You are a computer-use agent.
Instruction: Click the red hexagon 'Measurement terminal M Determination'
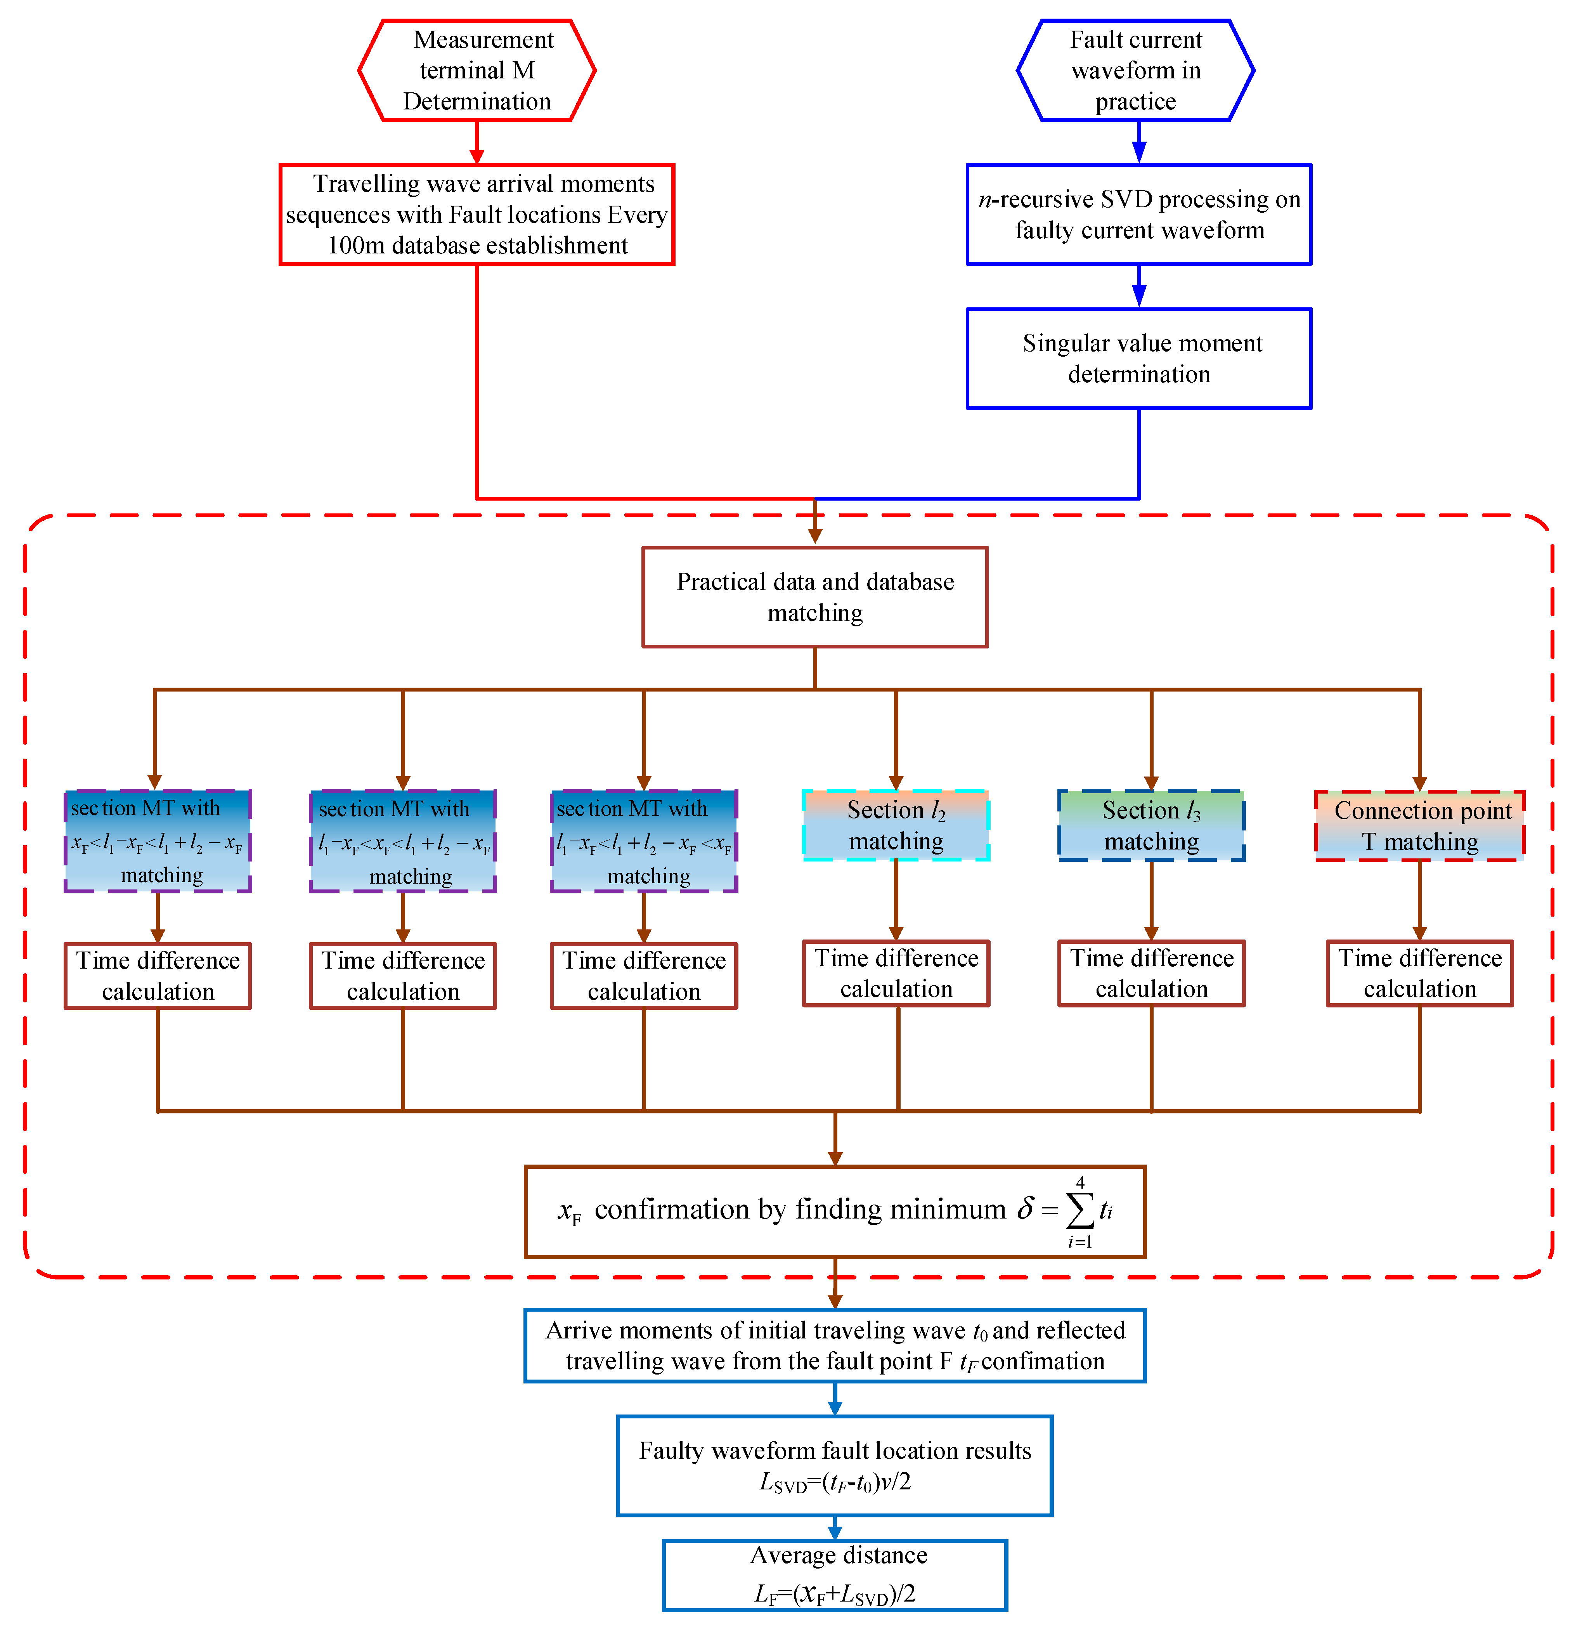coord(477,71)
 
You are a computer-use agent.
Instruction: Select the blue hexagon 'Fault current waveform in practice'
coord(1135,71)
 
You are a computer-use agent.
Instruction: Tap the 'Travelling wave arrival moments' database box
coord(477,214)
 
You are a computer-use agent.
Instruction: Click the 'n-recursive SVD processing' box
coord(1139,214)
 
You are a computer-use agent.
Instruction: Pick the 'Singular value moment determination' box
coord(1139,359)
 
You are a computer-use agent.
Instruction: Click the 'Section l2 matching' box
coord(896,825)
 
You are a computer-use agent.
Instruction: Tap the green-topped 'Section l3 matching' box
coord(1151,825)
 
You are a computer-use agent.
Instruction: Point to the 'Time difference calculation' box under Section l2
coord(896,973)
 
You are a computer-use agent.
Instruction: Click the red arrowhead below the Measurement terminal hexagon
coord(477,156)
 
